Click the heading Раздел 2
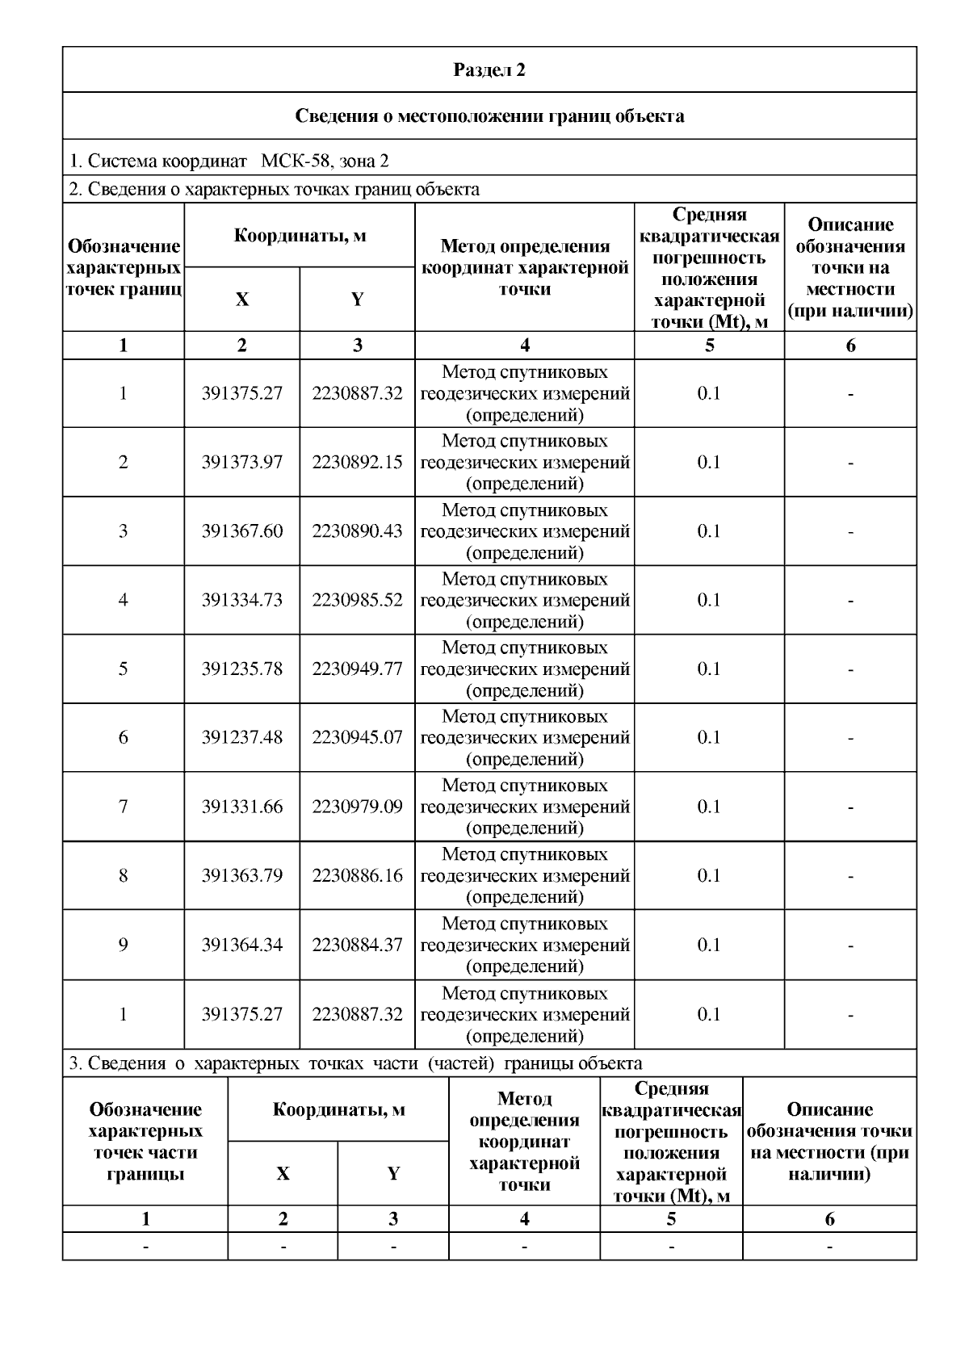pos(489,70)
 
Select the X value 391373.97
pos(242,463)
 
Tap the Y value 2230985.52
pos(357,600)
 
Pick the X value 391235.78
pos(242,669)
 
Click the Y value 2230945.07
pos(357,737)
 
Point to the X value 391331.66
pos(242,807)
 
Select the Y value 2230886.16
pos(357,875)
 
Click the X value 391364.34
pos(242,945)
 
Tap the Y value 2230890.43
pos(357,531)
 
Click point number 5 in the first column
pos(123,669)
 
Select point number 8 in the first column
pos(123,875)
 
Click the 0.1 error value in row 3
pos(709,531)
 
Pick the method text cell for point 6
pos(525,737)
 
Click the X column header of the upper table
pos(242,300)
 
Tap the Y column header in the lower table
pos(393,1173)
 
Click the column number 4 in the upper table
pos(525,346)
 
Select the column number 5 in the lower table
pos(671,1219)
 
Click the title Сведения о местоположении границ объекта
pos(489,115)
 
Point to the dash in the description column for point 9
pos(850,945)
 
